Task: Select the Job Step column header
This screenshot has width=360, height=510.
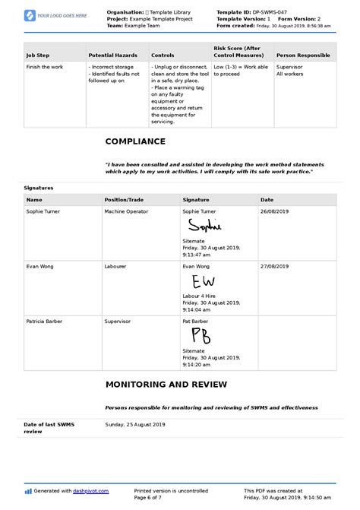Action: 39,55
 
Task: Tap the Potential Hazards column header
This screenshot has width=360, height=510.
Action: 112,55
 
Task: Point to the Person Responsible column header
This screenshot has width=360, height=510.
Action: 303,55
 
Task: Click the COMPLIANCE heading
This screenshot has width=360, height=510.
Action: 135,141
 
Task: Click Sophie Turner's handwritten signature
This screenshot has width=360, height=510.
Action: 203,226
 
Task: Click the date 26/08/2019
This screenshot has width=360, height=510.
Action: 275,212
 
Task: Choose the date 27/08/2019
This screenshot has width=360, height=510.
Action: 275,267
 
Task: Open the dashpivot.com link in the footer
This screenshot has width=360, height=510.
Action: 89,491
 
